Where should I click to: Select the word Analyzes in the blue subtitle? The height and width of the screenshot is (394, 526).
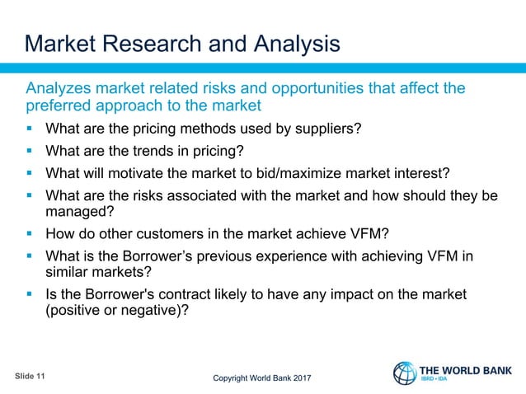coord(60,88)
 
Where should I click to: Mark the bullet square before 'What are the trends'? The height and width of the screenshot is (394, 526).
coord(31,152)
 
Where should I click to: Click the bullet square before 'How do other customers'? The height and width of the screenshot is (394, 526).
coord(31,233)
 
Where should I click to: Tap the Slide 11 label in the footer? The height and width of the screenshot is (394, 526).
coord(31,376)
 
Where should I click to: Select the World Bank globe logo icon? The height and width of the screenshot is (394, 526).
coord(405,373)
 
